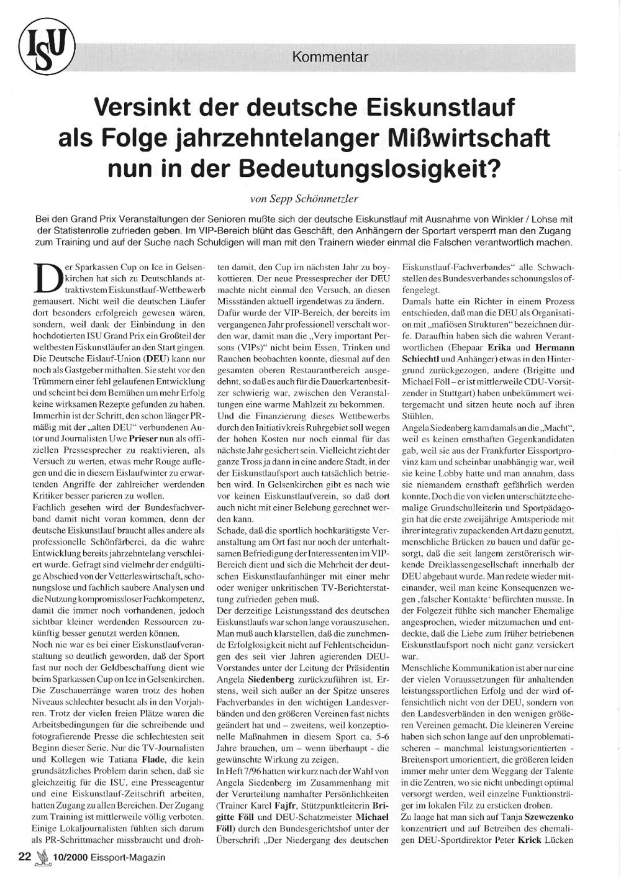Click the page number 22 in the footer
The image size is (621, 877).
25,857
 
